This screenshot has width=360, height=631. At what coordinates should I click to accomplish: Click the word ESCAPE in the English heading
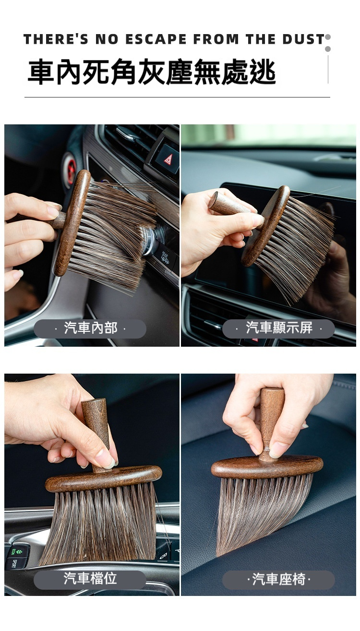pos(156,39)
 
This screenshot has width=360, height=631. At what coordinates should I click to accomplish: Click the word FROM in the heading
pos(216,39)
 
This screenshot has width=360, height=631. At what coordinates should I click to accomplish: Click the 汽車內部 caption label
pos(90,328)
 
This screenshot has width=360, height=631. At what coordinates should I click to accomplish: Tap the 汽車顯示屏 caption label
pos(278,328)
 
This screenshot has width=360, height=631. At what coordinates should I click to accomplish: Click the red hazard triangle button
pos(168,159)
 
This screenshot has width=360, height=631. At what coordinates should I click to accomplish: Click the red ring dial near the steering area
pos(70,170)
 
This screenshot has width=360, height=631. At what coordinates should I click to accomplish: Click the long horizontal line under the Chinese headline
pos(177,97)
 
